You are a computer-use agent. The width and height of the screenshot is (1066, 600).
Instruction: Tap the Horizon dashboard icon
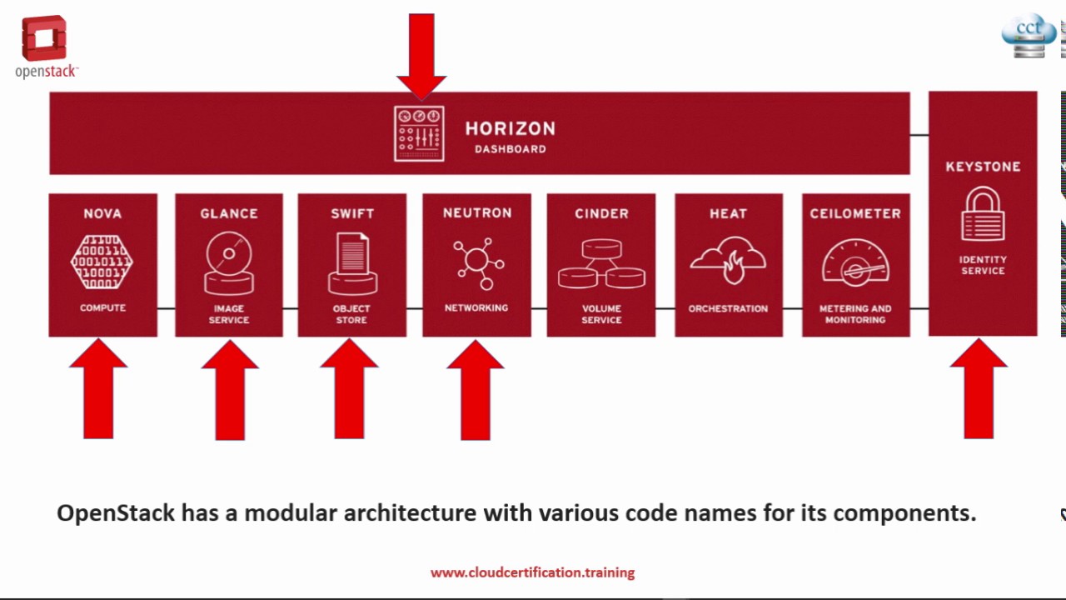(x=419, y=133)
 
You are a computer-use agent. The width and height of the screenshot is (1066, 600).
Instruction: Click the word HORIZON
(x=510, y=129)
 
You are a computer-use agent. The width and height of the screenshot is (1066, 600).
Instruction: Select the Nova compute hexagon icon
(x=102, y=262)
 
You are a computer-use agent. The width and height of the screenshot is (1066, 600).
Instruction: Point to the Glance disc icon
(x=229, y=262)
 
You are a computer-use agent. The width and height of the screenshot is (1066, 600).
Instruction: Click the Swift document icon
(x=352, y=263)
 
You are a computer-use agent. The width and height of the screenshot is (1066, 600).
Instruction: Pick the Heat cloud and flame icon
(x=728, y=261)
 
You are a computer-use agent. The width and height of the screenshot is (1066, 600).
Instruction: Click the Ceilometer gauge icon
(x=855, y=262)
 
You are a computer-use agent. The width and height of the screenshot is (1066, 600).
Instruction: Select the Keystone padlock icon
(x=983, y=214)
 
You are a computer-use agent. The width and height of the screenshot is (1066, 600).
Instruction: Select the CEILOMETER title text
(x=855, y=213)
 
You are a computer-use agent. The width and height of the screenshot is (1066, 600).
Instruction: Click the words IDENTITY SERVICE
(x=983, y=265)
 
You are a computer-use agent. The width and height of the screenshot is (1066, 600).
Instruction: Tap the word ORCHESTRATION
(x=728, y=308)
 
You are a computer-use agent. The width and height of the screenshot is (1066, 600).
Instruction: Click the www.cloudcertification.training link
(x=532, y=572)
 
